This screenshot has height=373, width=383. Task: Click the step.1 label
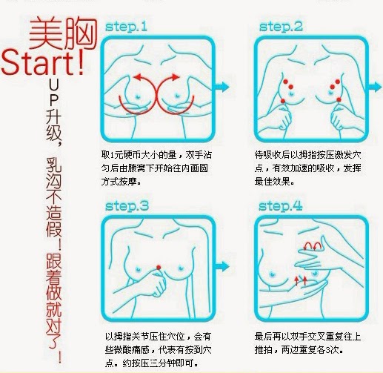[x=126, y=27]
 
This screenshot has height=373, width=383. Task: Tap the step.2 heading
[x=281, y=27]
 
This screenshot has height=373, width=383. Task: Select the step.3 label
[x=127, y=206]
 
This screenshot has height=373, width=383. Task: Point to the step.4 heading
[x=281, y=206]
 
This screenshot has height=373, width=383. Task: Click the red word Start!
[x=43, y=62]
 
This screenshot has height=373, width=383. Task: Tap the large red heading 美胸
[x=63, y=33]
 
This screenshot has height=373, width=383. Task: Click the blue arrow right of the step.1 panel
[x=222, y=87]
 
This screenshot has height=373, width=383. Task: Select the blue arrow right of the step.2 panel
[x=375, y=87]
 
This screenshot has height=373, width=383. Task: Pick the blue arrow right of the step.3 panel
[x=222, y=266]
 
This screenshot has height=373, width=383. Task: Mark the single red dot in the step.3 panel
[x=159, y=267]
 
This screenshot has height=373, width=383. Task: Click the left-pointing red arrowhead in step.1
[x=137, y=76]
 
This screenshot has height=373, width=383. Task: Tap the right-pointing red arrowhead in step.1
[x=176, y=77]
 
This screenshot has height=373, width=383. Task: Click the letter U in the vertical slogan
[x=53, y=86]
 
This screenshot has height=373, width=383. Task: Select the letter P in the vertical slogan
[x=53, y=99]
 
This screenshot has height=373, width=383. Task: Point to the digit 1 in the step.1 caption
[x=111, y=155]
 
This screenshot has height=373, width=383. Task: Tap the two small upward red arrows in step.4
[x=301, y=281]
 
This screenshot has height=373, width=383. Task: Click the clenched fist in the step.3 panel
[x=157, y=284]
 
